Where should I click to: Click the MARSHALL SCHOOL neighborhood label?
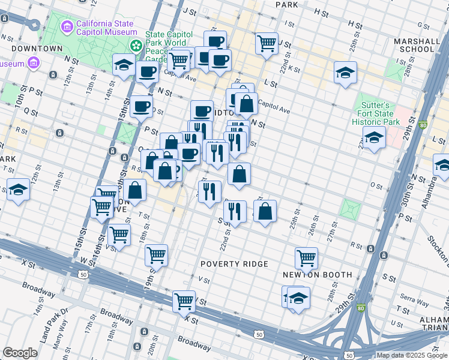tap(415, 45)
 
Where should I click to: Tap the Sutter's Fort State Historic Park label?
tap(375, 114)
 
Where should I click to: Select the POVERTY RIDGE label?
tap(234, 264)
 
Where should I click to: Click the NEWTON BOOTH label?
tap(318, 275)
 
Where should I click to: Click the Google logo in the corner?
tap(20, 353)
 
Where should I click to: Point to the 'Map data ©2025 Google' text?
tap(411, 355)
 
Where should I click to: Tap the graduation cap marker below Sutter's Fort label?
tap(374, 138)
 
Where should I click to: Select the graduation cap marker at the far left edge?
tap(18, 191)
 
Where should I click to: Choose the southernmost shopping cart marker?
tap(184, 301)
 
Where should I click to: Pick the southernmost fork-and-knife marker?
tap(235, 211)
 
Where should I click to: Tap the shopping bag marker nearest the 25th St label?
tap(265, 212)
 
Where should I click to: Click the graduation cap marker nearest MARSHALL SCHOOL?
tap(345, 73)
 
